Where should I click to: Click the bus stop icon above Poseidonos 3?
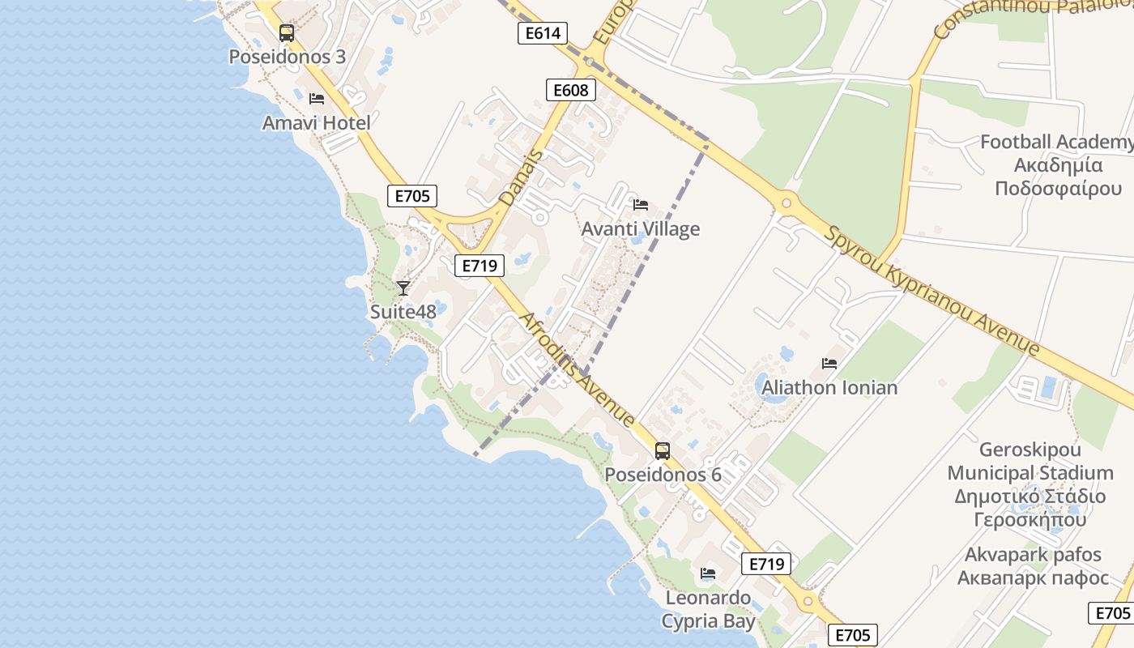[286, 33]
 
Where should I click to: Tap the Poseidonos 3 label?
[287, 58]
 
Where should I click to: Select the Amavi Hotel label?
[316, 123]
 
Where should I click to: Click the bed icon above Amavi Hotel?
[317, 99]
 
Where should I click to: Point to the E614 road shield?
[542, 33]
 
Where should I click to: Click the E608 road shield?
[570, 89]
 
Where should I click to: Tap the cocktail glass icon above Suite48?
[403, 288]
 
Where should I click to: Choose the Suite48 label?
[403, 312]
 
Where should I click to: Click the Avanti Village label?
[640, 229]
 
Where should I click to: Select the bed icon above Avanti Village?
[641, 204]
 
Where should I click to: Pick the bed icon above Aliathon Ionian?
[829, 363]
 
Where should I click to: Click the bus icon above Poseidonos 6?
[663, 451]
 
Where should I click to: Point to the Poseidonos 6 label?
[663, 475]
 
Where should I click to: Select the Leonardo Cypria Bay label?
[708, 610]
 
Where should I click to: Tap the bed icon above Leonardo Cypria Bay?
[708, 573]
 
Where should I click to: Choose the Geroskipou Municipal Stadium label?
[1030, 484]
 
